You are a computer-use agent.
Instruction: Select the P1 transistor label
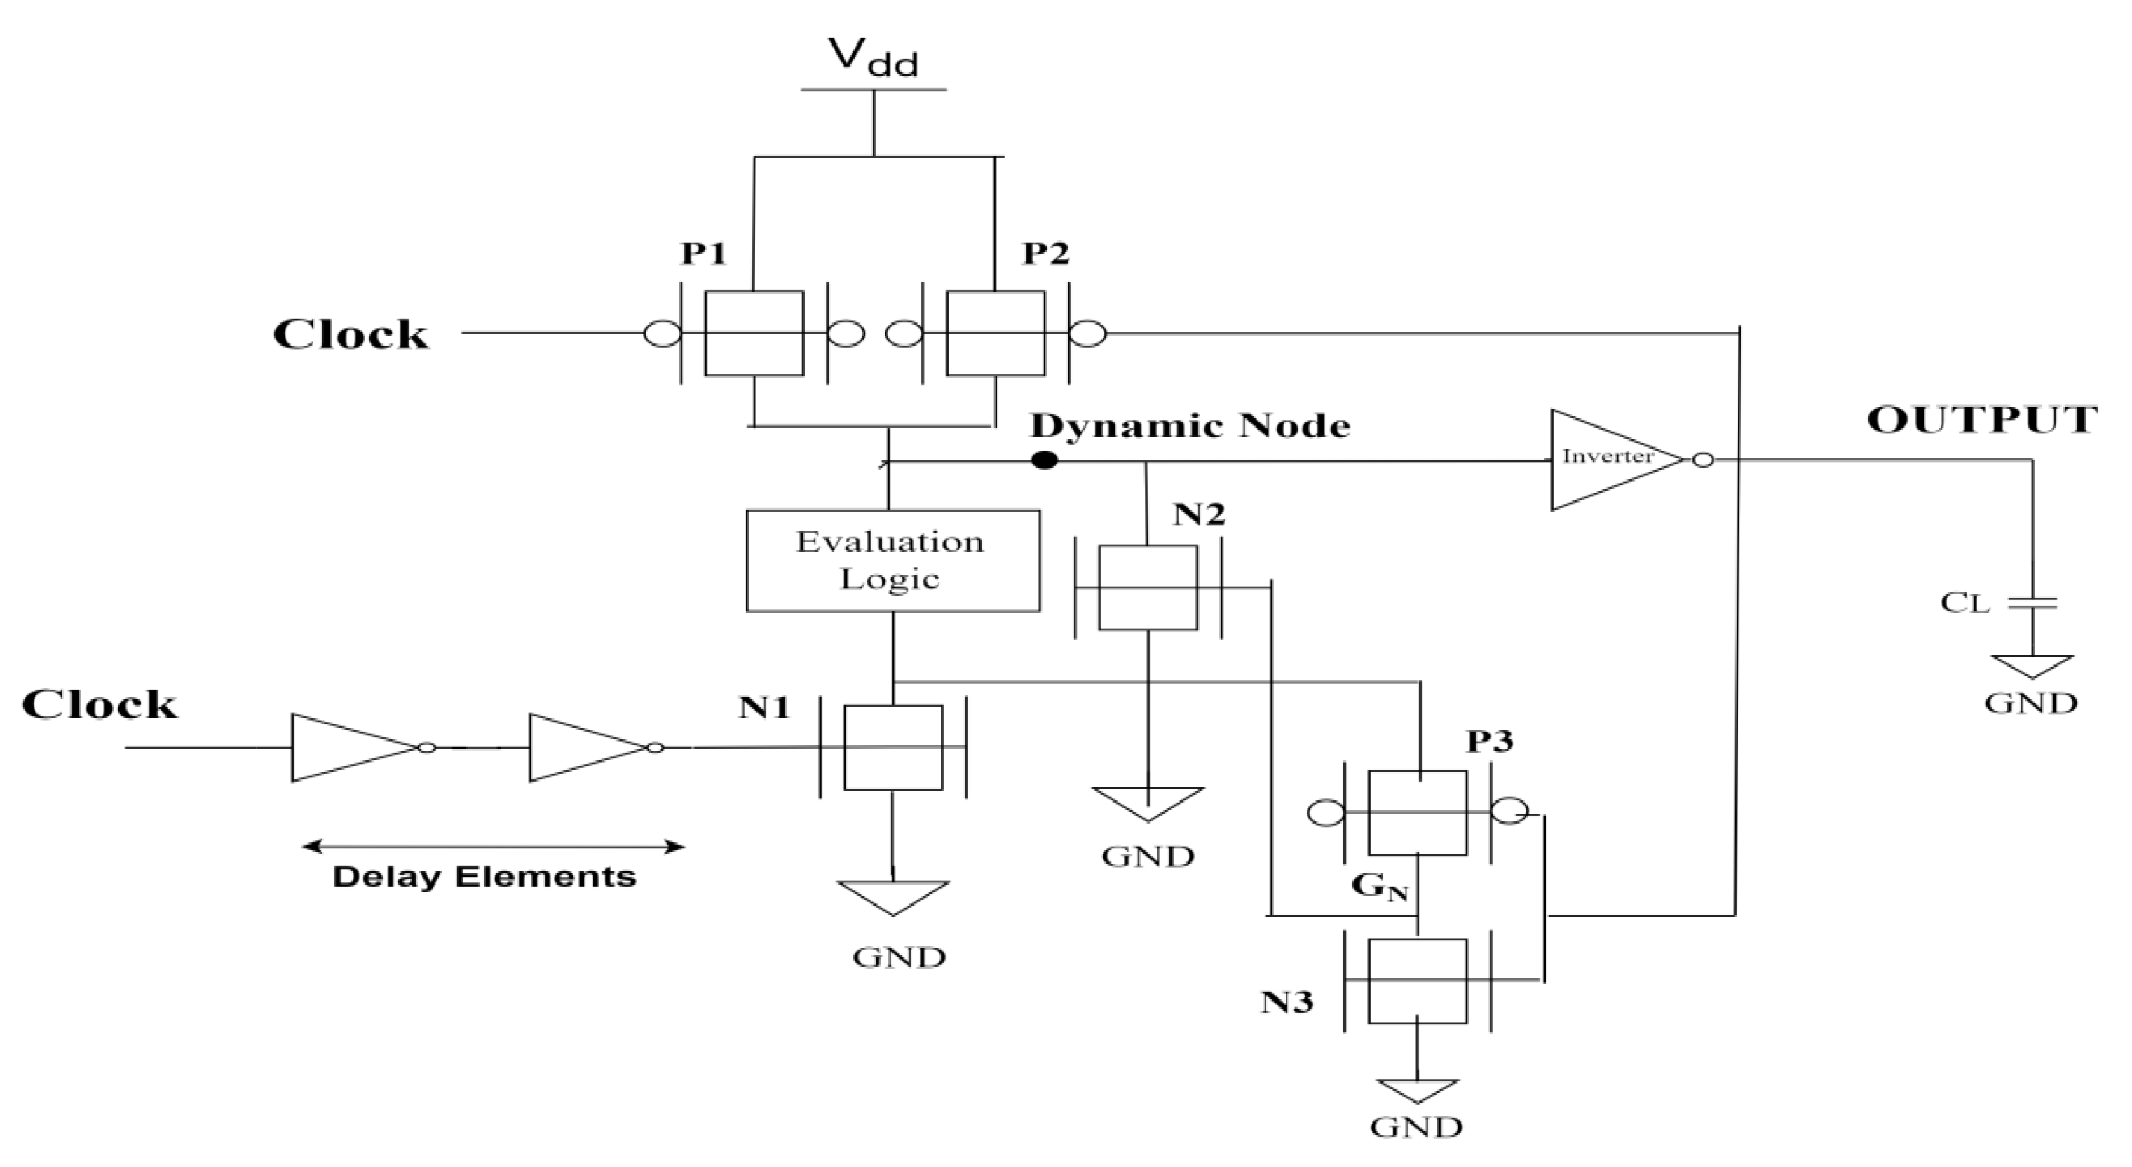[x=703, y=253]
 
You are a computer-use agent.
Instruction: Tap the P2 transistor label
[x=1045, y=253]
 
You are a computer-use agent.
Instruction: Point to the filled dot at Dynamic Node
[x=1045, y=460]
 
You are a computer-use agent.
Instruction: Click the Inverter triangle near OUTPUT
[x=1610, y=458]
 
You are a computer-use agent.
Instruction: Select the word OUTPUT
[x=1981, y=420]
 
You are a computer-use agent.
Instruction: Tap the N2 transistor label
[x=1198, y=514]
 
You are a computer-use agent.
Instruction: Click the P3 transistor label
[x=1490, y=742]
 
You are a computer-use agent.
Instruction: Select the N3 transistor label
[x=1286, y=1002]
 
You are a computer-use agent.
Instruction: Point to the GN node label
[x=1379, y=887]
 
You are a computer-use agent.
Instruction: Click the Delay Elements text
[x=485, y=877]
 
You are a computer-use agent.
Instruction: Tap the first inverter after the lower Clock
[x=356, y=747]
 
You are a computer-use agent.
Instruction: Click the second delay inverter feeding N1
[x=590, y=747]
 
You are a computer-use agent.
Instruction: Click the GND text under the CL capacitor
[x=2031, y=704]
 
